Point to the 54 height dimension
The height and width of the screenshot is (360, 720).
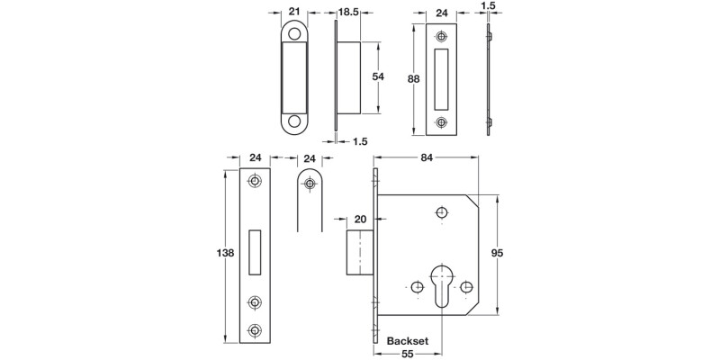379,77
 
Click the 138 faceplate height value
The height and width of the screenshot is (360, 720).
226,254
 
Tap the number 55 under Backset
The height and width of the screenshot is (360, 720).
409,355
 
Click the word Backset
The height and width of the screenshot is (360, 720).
407,342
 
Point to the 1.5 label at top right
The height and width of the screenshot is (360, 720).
489,5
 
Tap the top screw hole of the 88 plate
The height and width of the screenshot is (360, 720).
440,37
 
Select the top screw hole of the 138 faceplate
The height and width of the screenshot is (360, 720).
255,183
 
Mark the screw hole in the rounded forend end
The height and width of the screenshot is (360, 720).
310,184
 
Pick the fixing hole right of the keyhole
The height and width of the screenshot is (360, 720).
465,287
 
